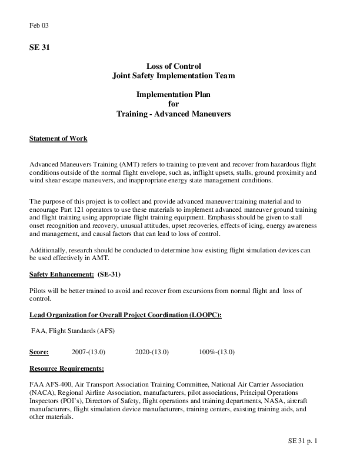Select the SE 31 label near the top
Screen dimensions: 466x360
click(39, 48)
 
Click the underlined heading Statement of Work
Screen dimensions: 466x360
click(58, 139)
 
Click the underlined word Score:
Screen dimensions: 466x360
click(39, 352)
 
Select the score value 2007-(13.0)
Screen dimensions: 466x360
click(88, 352)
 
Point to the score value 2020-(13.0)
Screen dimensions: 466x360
click(152, 352)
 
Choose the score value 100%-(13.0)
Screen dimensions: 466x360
click(216, 352)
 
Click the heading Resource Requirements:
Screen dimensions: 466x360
click(66, 369)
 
